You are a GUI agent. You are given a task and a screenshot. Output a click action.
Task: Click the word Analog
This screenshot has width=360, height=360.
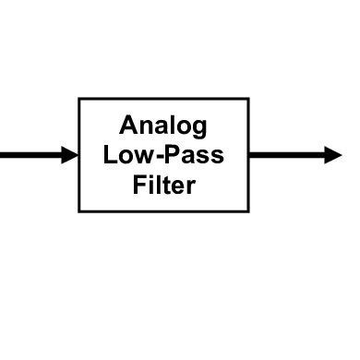(164, 126)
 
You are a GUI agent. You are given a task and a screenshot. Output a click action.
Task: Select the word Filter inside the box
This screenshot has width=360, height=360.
(164, 185)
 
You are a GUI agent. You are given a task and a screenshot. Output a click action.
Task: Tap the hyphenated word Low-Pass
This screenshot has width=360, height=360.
(164, 155)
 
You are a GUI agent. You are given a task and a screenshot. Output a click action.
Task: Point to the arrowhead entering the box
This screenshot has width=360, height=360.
(70, 155)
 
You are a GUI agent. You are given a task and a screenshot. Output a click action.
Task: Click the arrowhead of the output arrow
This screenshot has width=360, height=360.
(332, 155)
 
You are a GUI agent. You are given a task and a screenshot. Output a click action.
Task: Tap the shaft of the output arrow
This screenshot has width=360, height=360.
(286, 155)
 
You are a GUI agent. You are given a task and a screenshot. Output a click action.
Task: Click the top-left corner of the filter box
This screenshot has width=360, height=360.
(80, 99)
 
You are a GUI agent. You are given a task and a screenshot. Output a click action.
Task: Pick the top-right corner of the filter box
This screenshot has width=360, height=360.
(249, 99)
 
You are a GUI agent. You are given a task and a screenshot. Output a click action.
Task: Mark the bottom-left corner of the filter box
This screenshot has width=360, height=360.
(80, 211)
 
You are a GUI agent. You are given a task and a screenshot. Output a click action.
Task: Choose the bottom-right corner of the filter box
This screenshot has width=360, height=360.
(249, 211)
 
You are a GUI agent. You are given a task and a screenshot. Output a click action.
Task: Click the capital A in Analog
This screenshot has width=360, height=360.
(128, 126)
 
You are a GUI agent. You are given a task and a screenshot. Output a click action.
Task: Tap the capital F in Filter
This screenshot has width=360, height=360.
(138, 185)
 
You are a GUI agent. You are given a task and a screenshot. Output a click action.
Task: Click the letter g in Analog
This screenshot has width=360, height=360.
(200, 129)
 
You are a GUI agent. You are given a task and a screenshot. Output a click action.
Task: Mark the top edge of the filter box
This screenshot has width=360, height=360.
(164, 99)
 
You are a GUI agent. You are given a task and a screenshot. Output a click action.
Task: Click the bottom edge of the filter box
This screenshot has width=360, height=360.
(164, 211)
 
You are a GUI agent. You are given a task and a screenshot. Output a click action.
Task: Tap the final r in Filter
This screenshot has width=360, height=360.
(191, 186)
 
